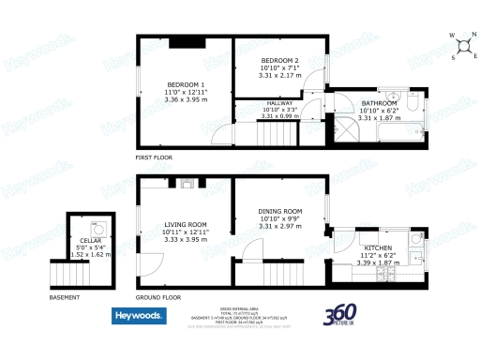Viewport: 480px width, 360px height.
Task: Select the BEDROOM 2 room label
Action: [278, 60]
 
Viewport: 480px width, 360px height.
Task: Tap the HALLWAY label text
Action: [279, 103]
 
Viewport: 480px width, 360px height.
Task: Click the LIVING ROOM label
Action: [185, 225]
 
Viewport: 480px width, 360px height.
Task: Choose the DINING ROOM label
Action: [279, 212]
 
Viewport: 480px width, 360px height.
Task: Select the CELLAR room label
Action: [90, 241]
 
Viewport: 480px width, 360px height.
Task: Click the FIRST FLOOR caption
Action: [157, 158]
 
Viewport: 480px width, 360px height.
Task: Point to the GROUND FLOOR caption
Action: [157, 297]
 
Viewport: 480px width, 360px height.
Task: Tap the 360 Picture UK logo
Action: [343, 316]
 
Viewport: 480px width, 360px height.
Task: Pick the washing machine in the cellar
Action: [97, 226]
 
